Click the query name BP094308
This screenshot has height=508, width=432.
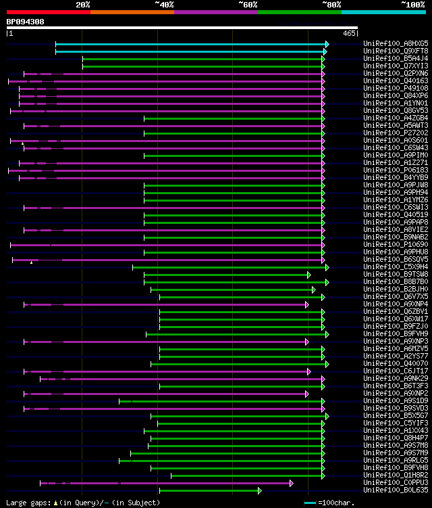[x=25, y=22]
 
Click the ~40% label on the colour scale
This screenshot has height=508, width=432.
[x=164, y=5]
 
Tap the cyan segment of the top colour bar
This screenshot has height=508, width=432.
[x=383, y=12]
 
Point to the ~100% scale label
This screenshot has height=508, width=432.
[x=412, y=5]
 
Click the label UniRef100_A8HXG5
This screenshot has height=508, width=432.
[x=396, y=44]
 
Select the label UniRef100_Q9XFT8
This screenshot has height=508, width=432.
[x=396, y=51]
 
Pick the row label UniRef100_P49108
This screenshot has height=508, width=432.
[x=396, y=89]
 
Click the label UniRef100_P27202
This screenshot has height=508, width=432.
[x=396, y=133]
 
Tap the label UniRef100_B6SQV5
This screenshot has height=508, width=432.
[x=396, y=260]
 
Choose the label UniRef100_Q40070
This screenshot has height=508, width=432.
[x=396, y=364]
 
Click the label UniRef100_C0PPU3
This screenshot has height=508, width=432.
[x=396, y=483]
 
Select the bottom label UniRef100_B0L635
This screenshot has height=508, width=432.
[x=396, y=490]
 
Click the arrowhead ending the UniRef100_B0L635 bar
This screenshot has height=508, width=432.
[x=259, y=490]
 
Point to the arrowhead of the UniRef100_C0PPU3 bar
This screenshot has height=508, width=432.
[x=292, y=483]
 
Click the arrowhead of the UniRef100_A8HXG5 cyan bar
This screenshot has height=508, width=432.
[x=327, y=44]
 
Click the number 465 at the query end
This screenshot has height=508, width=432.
[x=349, y=33]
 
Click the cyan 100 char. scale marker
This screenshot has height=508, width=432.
[x=310, y=503]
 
